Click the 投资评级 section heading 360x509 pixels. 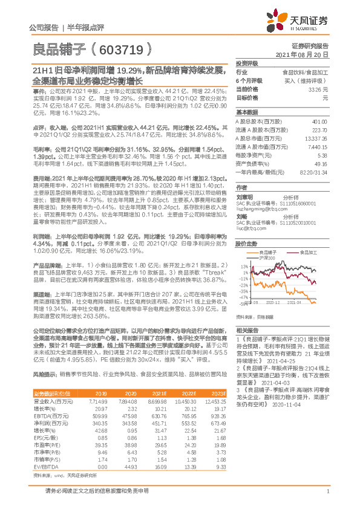tap(246, 63)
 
